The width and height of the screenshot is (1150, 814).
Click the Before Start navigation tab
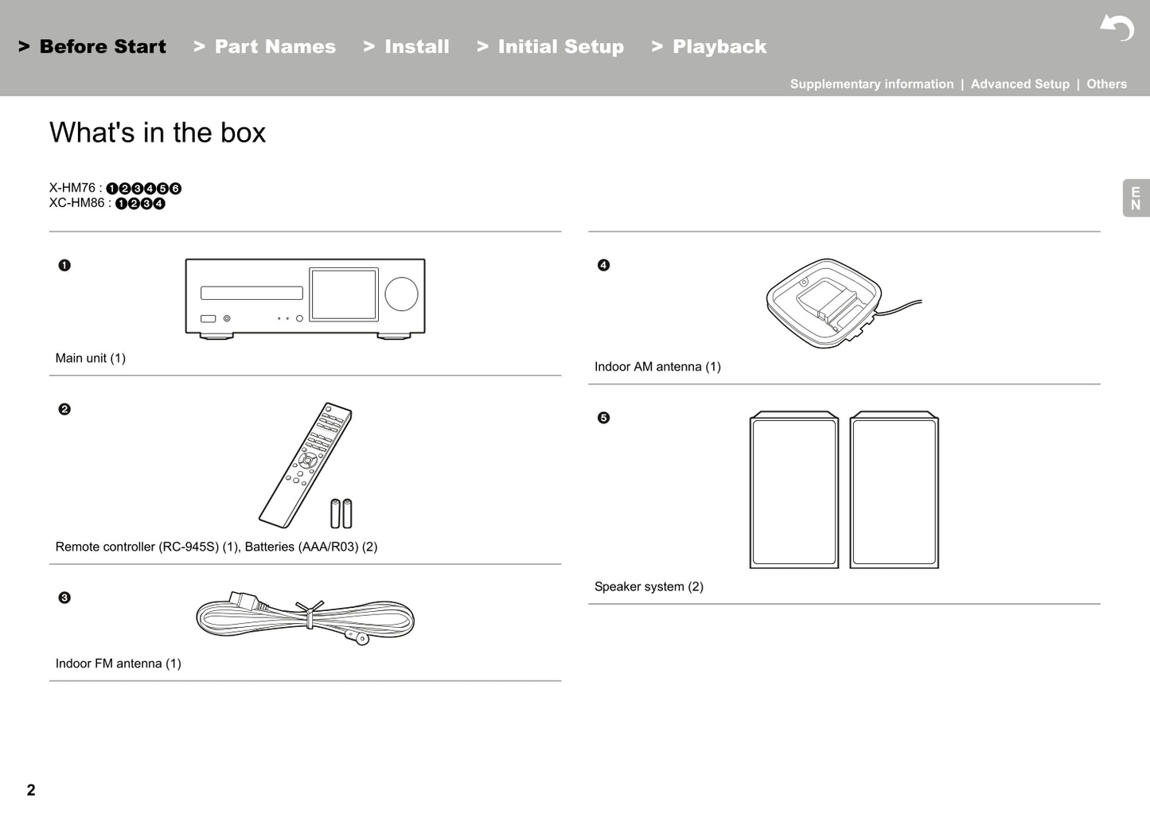click(x=92, y=47)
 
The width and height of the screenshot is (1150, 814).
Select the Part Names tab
click(x=265, y=47)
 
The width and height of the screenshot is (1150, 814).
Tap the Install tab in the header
click(x=407, y=47)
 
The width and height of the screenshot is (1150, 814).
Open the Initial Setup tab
click(x=551, y=47)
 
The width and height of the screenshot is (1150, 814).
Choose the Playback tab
click(x=709, y=47)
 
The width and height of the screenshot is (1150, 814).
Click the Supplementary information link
click(x=871, y=84)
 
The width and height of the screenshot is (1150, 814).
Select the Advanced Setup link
click(x=1019, y=84)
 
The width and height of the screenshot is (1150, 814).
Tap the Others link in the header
click(x=1106, y=84)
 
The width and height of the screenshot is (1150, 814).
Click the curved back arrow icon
click(x=1117, y=28)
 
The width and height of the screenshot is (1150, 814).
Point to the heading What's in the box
click(x=158, y=133)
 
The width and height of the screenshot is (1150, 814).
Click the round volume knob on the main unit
click(x=401, y=294)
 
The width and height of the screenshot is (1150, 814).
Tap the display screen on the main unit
click(x=343, y=294)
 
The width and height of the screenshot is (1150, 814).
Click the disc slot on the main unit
click(x=251, y=293)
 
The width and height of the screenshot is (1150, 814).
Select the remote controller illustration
click(x=305, y=465)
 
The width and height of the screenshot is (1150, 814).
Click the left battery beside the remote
click(x=335, y=514)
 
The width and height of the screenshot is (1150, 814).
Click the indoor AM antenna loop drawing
click(x=823, y=303)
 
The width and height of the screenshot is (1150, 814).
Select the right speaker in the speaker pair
click(x=894, y=490)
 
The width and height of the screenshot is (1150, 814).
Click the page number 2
click(x=31, y=789)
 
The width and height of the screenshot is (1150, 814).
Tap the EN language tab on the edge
click(x=1136, y=198)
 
